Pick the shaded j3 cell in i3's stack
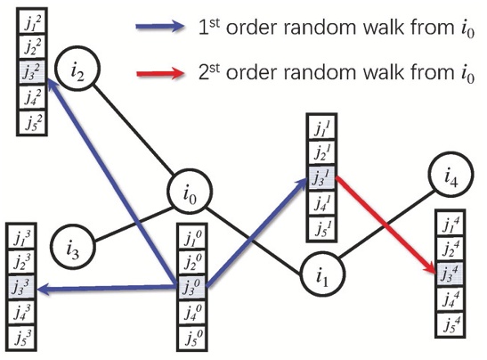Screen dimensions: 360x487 click(20, 288)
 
